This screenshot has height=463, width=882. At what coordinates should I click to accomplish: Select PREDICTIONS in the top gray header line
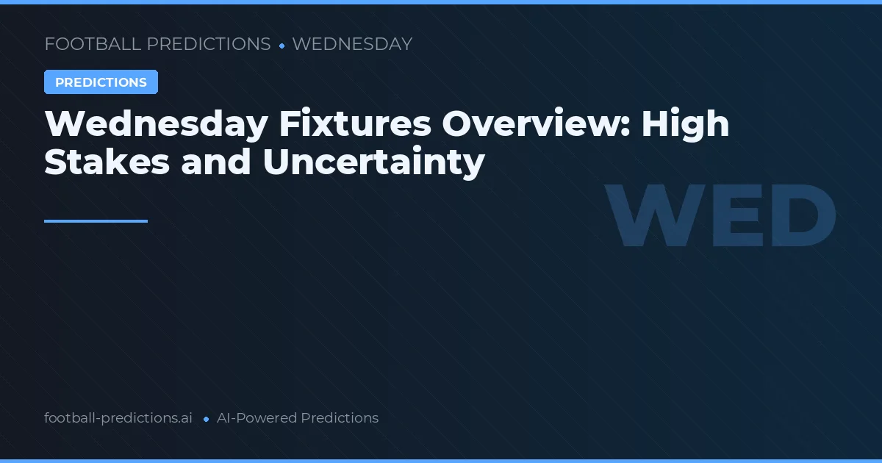pyautogui.click(x=209, y=44)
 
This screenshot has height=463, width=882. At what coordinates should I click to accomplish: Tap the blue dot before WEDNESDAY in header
pyautogui.click(x=282, y=46)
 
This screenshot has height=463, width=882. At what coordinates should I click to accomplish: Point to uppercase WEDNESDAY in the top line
pyautogui.click(x=352, y=44)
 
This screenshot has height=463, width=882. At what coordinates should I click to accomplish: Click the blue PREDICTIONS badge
pyautogui.click(x=101, y=82)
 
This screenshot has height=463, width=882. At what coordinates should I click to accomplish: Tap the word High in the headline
pyautogui.click(x=685, y=124)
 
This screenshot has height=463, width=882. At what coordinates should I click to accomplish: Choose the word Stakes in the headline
pyautogui.click(x=107, y=162)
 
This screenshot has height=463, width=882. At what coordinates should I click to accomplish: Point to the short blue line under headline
pyautogui.click(x=96, y=220)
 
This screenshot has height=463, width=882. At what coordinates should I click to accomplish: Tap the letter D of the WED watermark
pyautogui.click(x=797, y=217)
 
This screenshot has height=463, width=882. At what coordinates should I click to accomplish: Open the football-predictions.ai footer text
pyautogui.click(x=118, y=418)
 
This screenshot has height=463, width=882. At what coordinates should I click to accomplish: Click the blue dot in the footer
pyautogui.click(x=206, y=419)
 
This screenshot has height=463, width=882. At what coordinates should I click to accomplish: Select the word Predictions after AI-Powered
pyautogui.click(x=340, y=418)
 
